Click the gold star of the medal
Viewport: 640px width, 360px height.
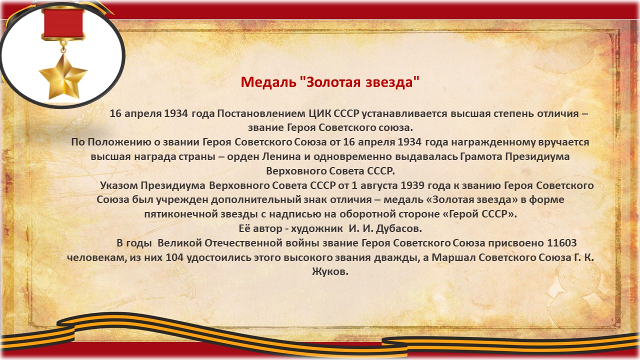click(x=63, y=76)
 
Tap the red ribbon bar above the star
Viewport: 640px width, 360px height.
click(x=63, y=23)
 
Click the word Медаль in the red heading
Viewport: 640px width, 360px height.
click(x=268, y=82)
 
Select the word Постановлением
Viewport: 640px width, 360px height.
click(x=261, y=113)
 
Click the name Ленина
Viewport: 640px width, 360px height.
click(x=281, y=156)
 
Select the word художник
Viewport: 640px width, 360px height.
click(x=317, y=228)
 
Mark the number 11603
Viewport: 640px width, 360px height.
click(x=561, y=243)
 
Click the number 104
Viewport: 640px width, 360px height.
click(x=174, y=257)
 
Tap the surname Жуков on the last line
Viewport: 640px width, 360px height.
click(x=330, y=271)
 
